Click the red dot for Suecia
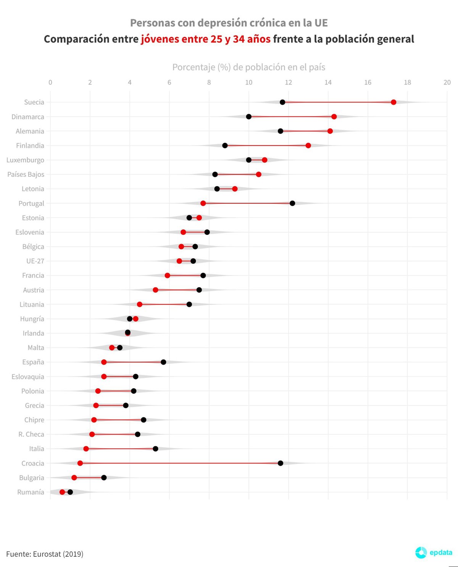point(393,102)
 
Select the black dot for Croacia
point(281,463)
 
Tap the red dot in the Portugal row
point(203,203)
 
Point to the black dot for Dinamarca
point(249,116)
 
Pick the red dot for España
point(104,362)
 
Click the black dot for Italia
point(155,449)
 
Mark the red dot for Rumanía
point(62,492)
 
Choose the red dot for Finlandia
point(308,145)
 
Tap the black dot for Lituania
point(189,304)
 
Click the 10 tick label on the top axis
point(249,82)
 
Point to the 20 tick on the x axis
point(447,82)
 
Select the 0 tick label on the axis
point(50,82)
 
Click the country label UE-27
point(35,261)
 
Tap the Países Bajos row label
point(26,174)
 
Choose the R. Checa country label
point(31,435)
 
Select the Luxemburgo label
point(25,160)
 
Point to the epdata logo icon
point(421,552)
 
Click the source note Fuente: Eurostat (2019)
point(45,554)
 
